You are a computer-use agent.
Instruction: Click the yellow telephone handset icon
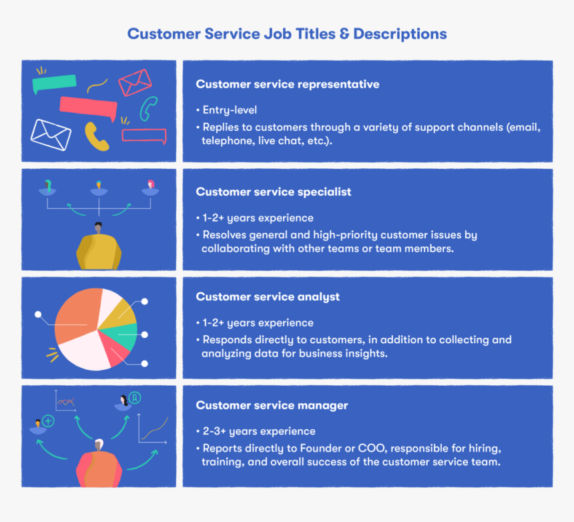click(x=97, y=136)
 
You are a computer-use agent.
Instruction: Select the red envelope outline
click(x=135, y=83)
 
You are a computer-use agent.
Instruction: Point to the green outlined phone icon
click(x=148, y=108)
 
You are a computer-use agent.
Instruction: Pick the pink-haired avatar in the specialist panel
click(x=151, y=185)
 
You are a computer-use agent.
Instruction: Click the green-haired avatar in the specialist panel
click(x=47, y=184)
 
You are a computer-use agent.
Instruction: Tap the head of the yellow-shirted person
click(x=99, y=228)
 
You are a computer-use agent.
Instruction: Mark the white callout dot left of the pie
click(x=38, y=314)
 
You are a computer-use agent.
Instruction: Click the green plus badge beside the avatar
click(x=48, y=421)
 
